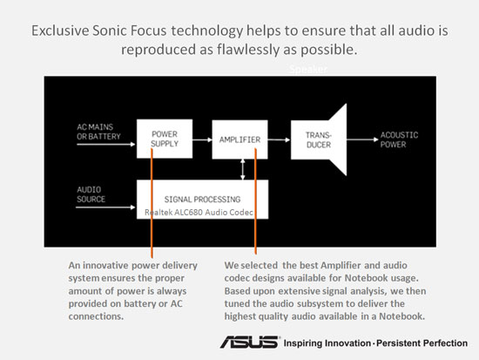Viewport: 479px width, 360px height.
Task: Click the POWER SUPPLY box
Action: [x=165, y=139]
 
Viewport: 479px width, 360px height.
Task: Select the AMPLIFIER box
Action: [x=239, y=139]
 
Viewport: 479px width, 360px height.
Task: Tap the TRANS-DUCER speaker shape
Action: [x=319, y=139]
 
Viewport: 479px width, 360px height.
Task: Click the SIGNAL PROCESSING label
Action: [x=202, y=200]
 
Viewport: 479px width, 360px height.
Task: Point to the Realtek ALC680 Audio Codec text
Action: [x=199, y=213]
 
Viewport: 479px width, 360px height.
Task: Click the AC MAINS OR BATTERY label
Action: [x=98, y=132]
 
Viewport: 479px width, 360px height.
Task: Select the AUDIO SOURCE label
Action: [x=91, y=194]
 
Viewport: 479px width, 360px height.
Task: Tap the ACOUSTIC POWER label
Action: [x=399, y=139]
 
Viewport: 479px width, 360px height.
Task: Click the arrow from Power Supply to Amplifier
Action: [x=202, y=139]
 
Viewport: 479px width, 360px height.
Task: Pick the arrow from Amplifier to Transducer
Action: [x=279, y=139]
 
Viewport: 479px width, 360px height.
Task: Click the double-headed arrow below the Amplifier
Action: [x=243, y=169]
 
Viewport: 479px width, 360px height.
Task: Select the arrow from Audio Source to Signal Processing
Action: [x=105, y=207]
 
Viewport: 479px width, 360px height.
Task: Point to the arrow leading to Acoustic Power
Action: [x=362, y=139]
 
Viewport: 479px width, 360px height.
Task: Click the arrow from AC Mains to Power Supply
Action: [x=106, y=144]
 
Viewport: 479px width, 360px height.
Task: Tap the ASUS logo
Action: [x=250, y=342]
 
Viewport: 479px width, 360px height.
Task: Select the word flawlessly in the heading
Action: [x=248, y=50]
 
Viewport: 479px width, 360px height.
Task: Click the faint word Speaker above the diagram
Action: [x=308, y=70]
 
